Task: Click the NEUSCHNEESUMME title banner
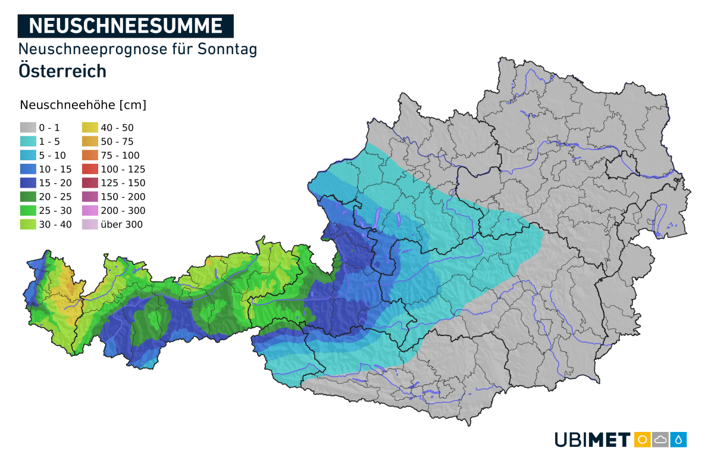pyautogui.click(x=126, y=26)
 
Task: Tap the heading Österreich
pyautogui.click(x=62, y=70)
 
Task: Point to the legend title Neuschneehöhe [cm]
pyautogui.click(x=83, y=105)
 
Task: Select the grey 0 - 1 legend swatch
pyautogui.click(x=27, y=128)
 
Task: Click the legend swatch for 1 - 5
pyautogui.click(x=27, y=141)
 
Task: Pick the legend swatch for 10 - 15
pyautogui.click(x=27, y=169)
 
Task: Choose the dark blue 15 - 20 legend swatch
pyautogui.click(x=27, y=183)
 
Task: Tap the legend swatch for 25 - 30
pyautogui.click(x=27, y=210)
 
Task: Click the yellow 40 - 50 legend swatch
pyautogui.click(x=90, y=128)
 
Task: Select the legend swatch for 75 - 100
pyautogui.click(x=90, y=155)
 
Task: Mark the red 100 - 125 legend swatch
pyautogui.click(x=90, y=169)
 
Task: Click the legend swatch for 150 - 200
pyautogui.click(x=90, y=197)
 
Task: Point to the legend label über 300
pyautogui.click(x=122, y=225)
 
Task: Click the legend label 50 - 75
pyautogui.click(x=117, y=142)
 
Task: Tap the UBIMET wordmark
pyautogui.click(x=592, y=440)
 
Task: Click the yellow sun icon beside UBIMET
pyautogui.click(x=642, y=440)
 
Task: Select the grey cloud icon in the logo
pyautogui.click(x=660, y=440)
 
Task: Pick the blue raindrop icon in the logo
pyautogui.click(x=679, y=440)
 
